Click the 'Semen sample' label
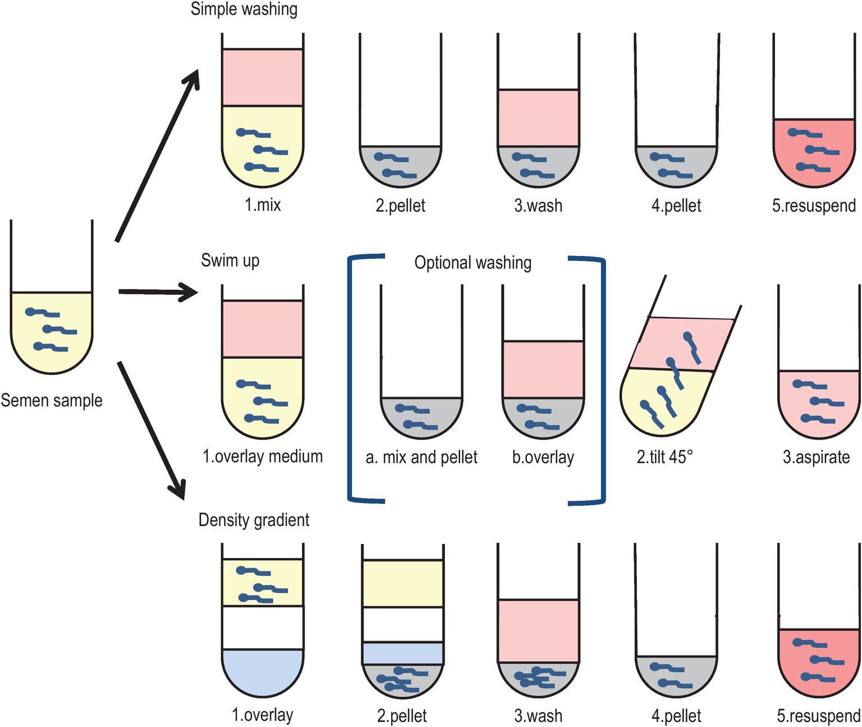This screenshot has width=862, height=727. [x=52, y=400]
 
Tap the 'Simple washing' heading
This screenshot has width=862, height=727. [x=244, y=10]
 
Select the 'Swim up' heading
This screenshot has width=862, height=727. [x=230, y=260]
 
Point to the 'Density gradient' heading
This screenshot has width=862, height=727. [x=254, y=520]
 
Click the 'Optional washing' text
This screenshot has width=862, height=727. [x=473, y=263]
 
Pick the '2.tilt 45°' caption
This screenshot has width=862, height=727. [x=664, y=457]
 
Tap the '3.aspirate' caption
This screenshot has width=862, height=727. [x=816, y=457]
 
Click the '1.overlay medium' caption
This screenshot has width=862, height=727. [x=263, y=456]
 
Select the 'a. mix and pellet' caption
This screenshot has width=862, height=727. [x=421, y=458]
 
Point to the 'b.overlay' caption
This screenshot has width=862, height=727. [x=543, y=458]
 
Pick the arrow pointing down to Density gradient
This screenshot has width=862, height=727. [x=152, y=429]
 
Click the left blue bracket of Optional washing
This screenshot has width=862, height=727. [x=351, y=379]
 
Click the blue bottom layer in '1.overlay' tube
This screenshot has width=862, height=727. [x=263, y=674]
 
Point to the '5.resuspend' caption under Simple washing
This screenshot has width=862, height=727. [x=814, y=205]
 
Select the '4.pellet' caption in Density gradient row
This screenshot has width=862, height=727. [x=676, y=716]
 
